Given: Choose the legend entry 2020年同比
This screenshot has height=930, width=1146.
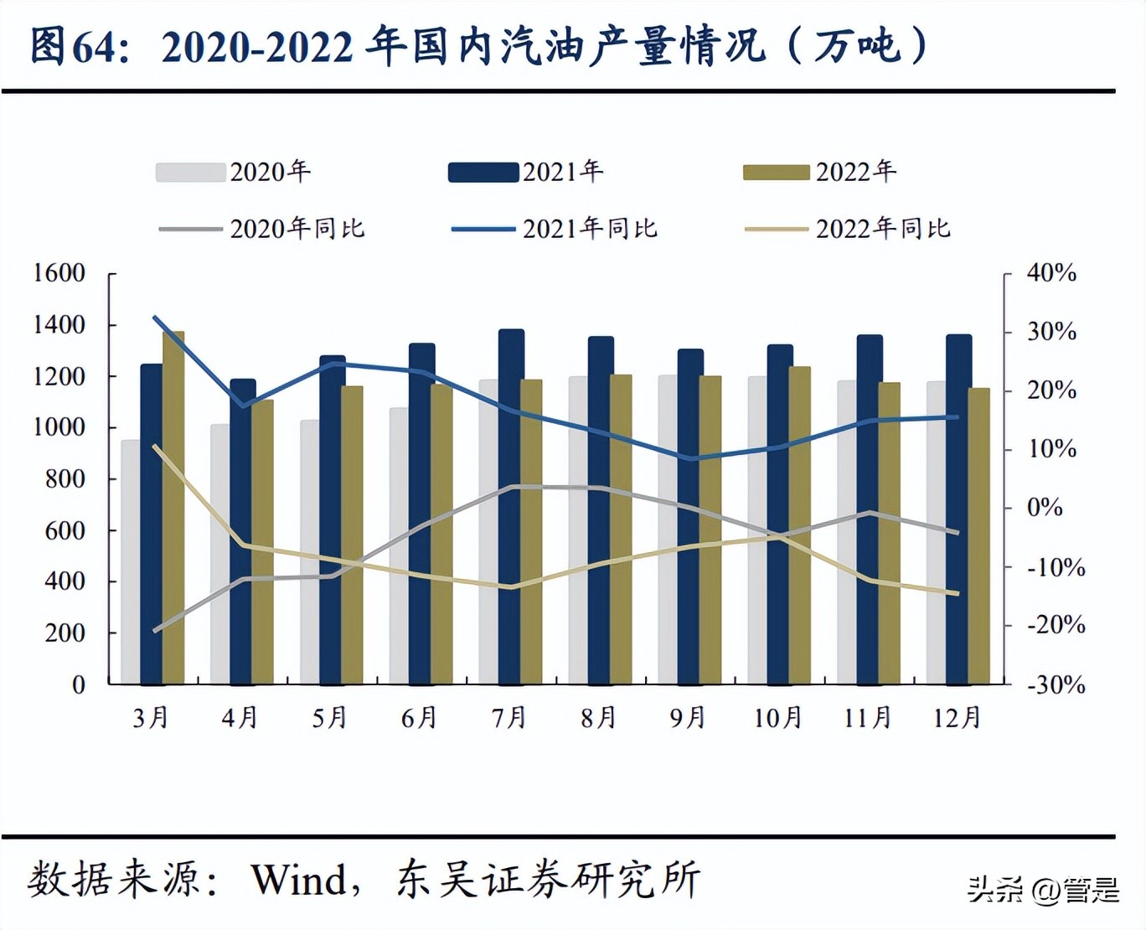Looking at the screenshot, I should (261, 229).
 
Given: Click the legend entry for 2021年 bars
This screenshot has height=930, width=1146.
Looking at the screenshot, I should (525, 172).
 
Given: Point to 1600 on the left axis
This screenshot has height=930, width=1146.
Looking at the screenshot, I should (59, 273).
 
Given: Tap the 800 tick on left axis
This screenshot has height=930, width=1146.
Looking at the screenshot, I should (65, 479).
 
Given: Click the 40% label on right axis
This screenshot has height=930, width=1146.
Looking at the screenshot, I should (1051, 273).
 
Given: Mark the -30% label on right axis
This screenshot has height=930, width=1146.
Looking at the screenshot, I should (1056, 685).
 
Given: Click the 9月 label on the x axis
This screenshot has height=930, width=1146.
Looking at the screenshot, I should (687, 718).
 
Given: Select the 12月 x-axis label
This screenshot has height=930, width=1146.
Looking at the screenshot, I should (957, 718).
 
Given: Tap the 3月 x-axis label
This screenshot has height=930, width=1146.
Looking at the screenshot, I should (151, 718).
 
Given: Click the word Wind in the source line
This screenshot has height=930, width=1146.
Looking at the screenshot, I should (299, 880).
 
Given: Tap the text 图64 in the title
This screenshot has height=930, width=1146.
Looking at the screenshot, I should (71, 46).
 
